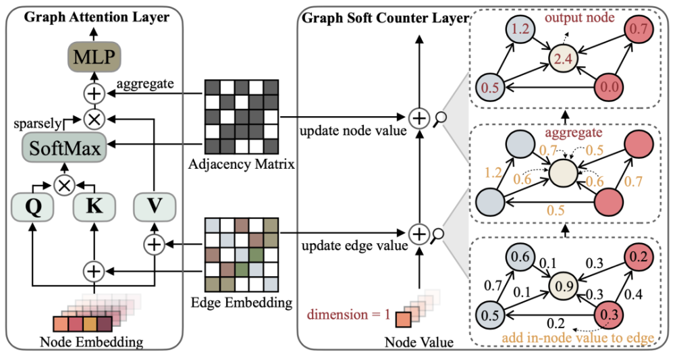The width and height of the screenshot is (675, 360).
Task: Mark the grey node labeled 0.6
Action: pyautogui.click(x=519, y=257)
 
